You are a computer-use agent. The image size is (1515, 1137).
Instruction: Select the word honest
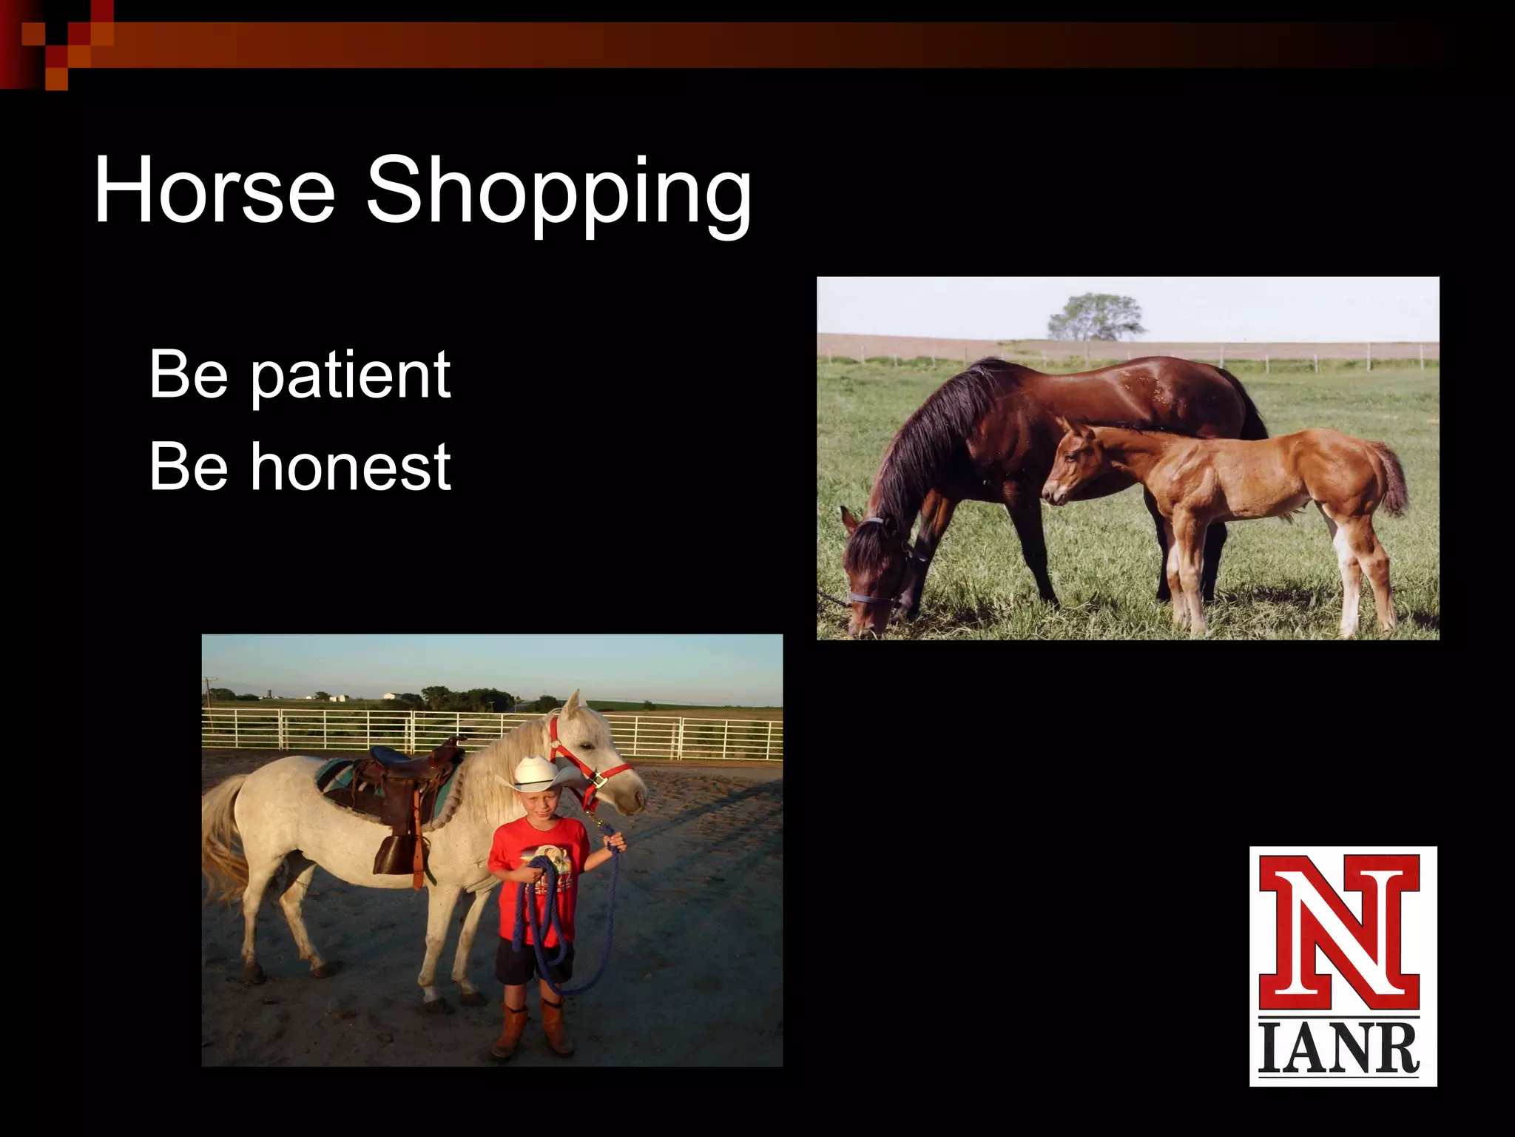click(349, 466)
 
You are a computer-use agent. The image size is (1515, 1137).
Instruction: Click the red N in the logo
click(1340, 934)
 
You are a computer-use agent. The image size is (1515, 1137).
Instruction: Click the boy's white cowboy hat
click(538, 774)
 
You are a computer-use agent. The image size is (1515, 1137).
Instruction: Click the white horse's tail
click(222, 836)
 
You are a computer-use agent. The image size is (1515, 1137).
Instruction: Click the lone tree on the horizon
click(1095, 315)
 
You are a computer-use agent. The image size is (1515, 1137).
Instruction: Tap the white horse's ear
click(573, 704)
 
